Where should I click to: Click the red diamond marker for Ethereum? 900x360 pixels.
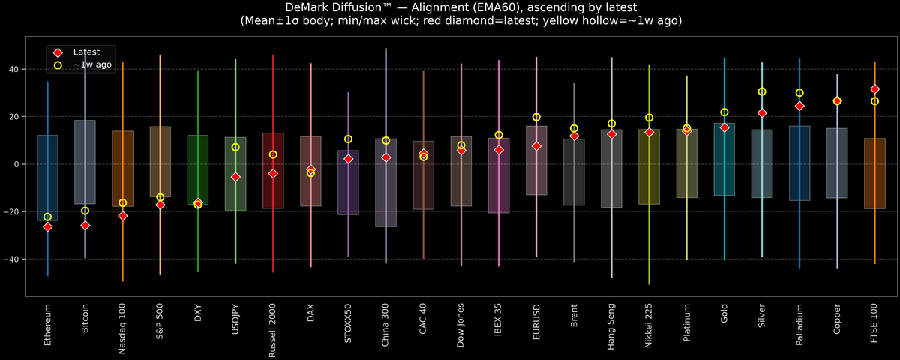point(47,226)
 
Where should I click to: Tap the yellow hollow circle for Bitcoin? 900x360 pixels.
point(85,211)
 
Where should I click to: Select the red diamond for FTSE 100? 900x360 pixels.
point(874,89)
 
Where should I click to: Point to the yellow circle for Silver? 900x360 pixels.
point(762,91)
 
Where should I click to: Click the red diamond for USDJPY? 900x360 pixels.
point(235,177)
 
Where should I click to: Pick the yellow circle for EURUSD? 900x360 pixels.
point(536,117)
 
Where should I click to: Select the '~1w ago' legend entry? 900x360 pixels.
point(87,65)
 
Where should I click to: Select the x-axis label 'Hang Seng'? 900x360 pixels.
point(611,325)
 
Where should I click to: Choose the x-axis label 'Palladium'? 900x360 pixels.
point(799,323)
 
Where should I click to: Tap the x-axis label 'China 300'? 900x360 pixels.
point(385,324)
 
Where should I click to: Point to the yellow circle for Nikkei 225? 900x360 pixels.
point(649,118)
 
